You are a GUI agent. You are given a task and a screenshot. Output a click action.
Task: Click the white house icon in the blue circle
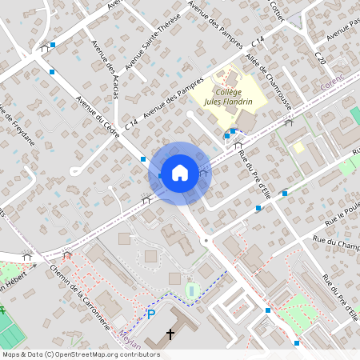click(180, 171)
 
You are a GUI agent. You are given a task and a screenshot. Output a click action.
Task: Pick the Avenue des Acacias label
click(105, 71)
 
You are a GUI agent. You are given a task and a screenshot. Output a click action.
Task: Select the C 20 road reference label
click(320, 58)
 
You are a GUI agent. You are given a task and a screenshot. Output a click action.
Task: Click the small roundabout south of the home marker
click(206, 240)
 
